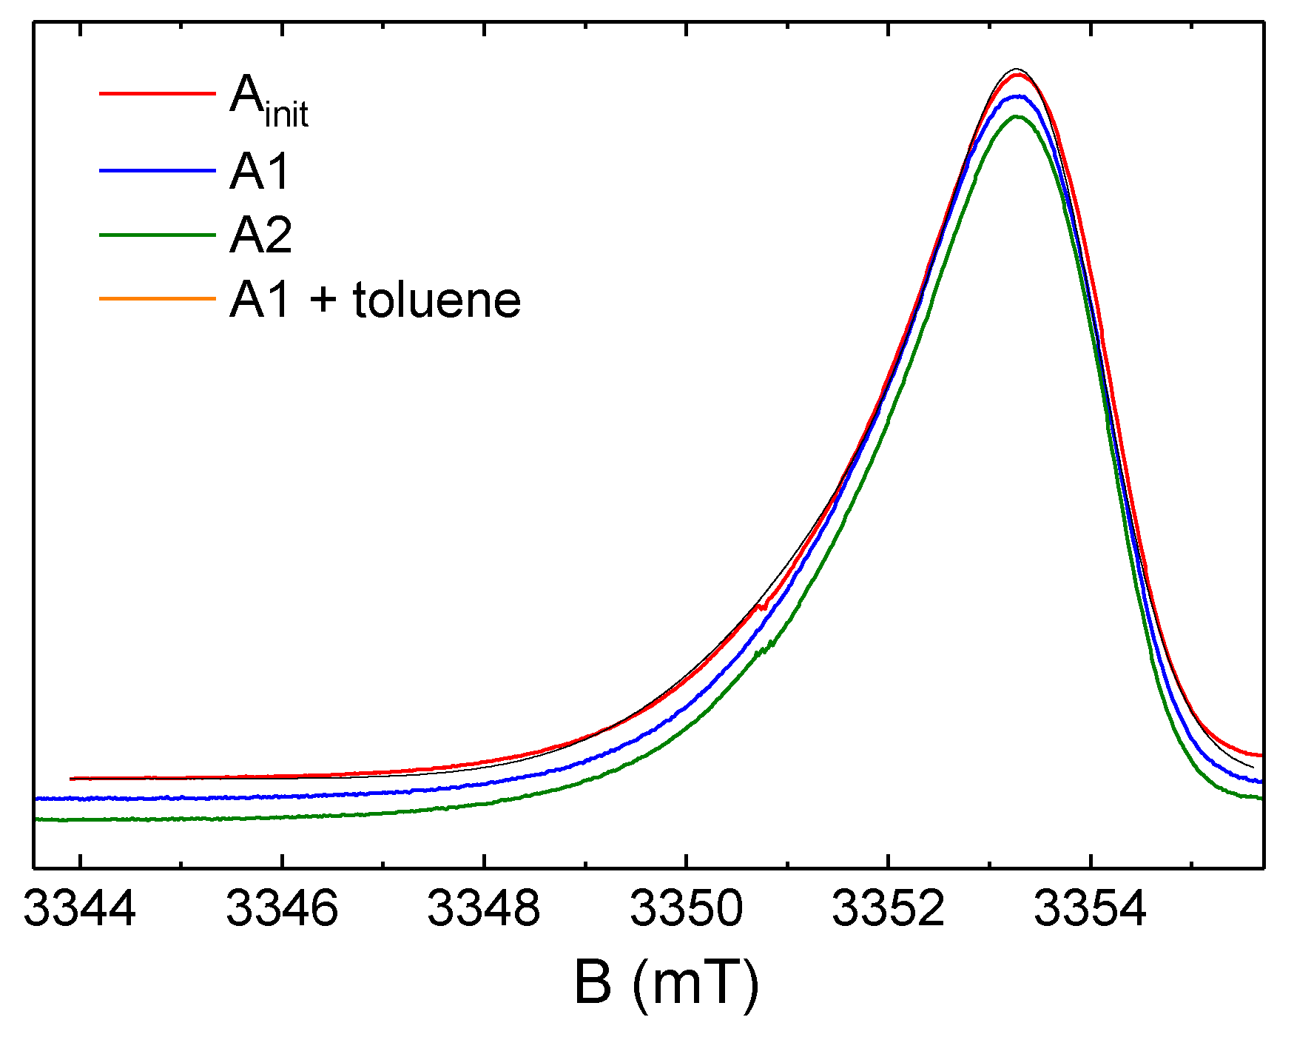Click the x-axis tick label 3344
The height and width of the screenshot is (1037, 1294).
80,909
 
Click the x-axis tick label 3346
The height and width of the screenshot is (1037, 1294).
282,909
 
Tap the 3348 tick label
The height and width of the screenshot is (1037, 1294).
484,909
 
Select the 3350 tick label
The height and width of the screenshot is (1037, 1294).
686,909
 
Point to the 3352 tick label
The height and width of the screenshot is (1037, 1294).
889,909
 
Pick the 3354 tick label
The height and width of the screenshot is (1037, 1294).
1090,909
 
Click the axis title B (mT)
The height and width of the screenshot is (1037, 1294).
666,984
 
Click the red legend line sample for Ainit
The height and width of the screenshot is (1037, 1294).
157,94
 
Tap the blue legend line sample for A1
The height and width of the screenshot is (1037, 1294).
157,171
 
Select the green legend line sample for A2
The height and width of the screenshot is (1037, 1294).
157,235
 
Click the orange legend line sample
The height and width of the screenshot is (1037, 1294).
157,299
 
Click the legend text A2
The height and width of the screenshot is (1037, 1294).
260,235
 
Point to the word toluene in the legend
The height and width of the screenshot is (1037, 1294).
437,301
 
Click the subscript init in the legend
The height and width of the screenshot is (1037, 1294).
286,115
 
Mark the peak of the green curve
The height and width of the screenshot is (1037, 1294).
1017,116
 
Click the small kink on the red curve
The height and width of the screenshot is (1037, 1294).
762,607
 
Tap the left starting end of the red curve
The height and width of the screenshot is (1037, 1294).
72,779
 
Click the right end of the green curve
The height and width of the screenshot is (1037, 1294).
1260,798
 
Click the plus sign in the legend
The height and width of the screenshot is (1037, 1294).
323,302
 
